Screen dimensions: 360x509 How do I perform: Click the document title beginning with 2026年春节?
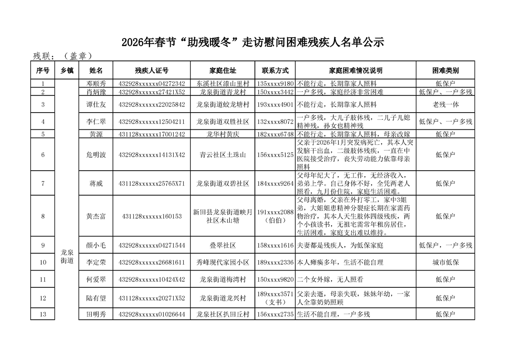253,43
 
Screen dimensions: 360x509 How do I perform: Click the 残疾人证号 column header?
152,71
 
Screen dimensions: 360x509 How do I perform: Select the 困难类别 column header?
445,71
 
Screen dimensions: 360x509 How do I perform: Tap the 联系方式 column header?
275,71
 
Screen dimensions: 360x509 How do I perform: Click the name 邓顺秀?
96,84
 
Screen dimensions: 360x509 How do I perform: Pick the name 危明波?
96,155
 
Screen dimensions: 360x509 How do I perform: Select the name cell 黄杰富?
96,216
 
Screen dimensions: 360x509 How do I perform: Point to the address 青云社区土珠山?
222,155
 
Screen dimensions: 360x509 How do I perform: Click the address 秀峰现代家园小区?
222,262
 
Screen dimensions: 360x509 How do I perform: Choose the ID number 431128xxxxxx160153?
152,216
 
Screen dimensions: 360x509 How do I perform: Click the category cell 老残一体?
445,104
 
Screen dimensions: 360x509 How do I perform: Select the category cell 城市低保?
445,262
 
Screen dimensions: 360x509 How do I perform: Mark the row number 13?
43,314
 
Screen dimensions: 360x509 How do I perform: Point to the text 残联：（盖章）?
63,56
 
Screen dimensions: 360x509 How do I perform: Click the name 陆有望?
96,298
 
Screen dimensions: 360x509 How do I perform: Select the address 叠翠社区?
222,245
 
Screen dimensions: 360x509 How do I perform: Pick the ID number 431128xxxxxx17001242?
152,134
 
